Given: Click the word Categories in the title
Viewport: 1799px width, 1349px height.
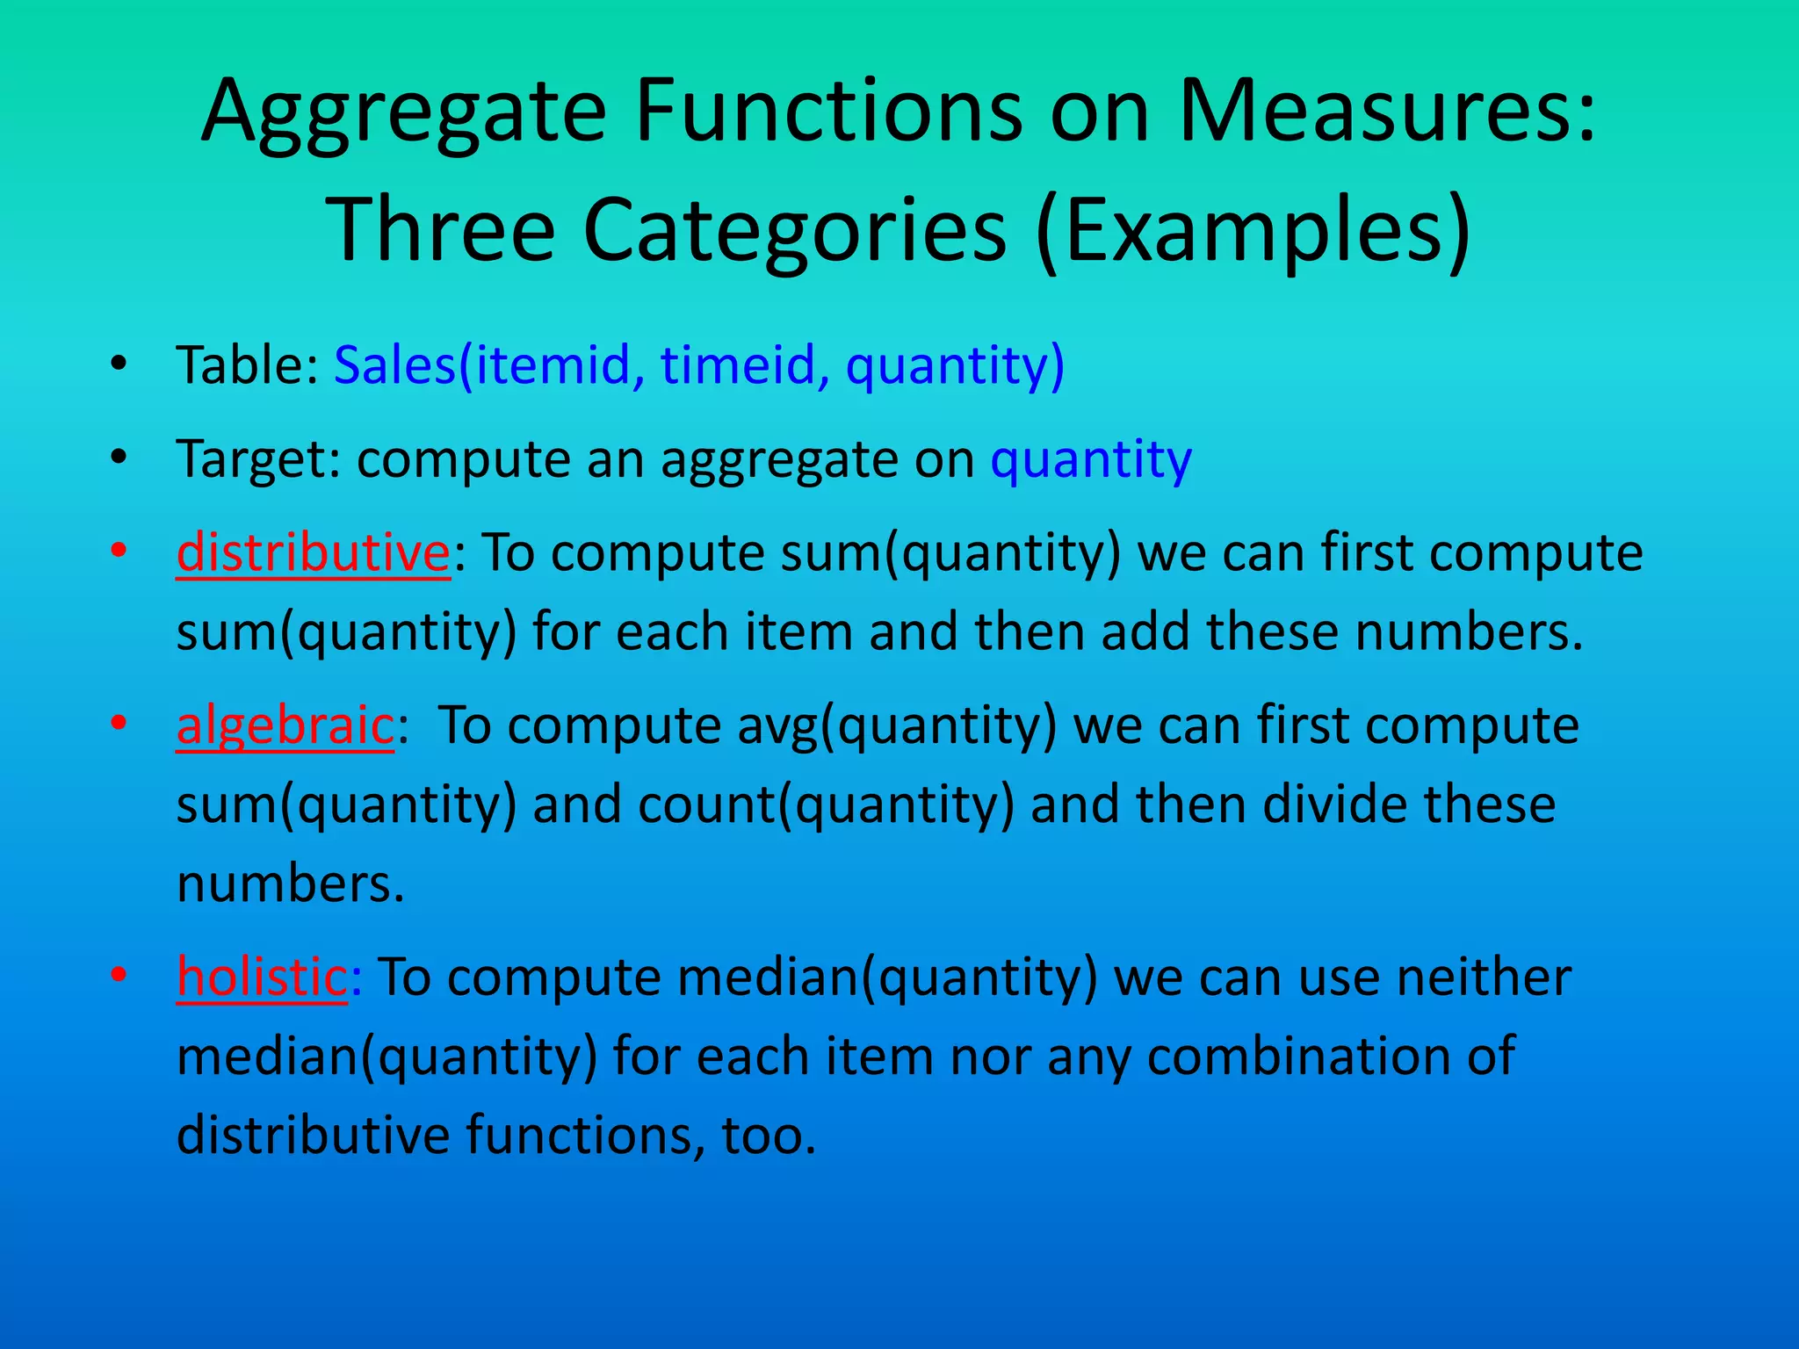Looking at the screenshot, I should [793, 230].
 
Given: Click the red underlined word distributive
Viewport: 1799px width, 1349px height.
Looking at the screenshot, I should [313, 553].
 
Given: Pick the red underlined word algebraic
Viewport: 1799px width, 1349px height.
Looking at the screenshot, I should [285, 726].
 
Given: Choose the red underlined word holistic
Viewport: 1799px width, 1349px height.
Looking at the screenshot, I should [262, 977].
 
